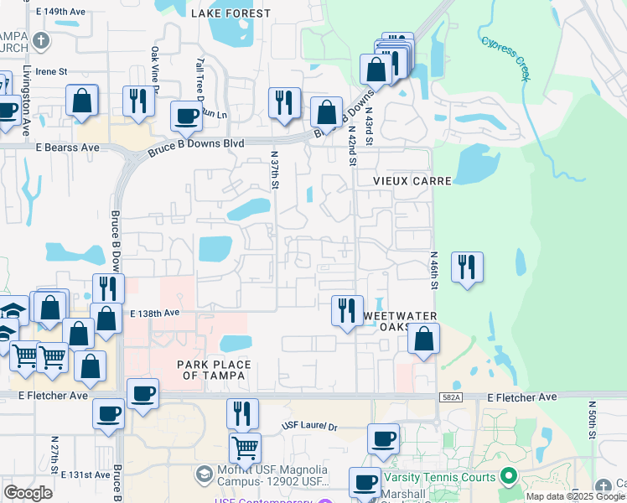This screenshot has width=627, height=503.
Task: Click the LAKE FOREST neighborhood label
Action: pos(231,13)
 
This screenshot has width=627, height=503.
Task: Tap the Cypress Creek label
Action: pos(505,57)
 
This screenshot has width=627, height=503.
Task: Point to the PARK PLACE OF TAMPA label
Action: pos(211,370)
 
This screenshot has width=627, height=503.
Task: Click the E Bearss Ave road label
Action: pos(67,147)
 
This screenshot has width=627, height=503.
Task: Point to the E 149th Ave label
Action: pos(62,12)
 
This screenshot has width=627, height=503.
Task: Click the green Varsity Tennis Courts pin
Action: pos(507,476)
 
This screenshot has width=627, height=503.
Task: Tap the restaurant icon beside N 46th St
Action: pos(467,267)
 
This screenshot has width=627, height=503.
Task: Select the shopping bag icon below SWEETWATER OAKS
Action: pos(424,339)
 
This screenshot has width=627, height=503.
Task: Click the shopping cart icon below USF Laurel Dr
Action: pos(245,448)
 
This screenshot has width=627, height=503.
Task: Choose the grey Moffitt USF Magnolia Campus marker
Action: pos(204,475)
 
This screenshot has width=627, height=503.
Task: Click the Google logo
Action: pos(28,493)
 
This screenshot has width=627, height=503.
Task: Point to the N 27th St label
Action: pos(54,454)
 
